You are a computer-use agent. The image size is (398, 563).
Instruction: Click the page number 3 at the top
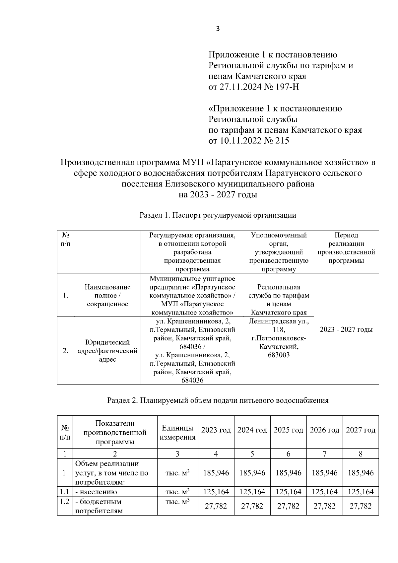[x=218, y=29]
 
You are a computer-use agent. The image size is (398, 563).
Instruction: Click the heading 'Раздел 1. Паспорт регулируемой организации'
[x=218, y=215]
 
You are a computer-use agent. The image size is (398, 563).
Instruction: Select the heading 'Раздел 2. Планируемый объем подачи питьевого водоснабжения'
[x=218, y=400]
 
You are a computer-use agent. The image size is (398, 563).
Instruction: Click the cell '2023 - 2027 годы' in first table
[x=346, y=329]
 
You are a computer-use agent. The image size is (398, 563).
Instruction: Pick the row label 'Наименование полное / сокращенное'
[x=107, y=295]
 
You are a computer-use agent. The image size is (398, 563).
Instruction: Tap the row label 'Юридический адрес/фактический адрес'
[x=107, y=351]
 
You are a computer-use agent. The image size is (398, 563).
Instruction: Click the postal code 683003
[x=279, y=355]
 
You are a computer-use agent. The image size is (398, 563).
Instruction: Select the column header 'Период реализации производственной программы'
[x=346, y=248]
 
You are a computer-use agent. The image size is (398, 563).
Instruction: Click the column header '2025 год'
[x=288, y=430]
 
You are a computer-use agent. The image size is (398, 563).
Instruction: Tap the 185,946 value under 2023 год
[x=216, y=473]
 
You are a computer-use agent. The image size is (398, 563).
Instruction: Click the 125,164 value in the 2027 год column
[x=361, y=492]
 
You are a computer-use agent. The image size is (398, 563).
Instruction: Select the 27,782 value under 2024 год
[x=252, y=506]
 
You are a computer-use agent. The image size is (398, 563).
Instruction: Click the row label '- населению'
[x=96, y=492]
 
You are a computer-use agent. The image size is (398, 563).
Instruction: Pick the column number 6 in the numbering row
[x=288, y=454]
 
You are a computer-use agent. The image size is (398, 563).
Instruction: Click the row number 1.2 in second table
[x=64, y=501]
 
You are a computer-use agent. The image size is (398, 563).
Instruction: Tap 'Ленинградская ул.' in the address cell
[x=279, y=321]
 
